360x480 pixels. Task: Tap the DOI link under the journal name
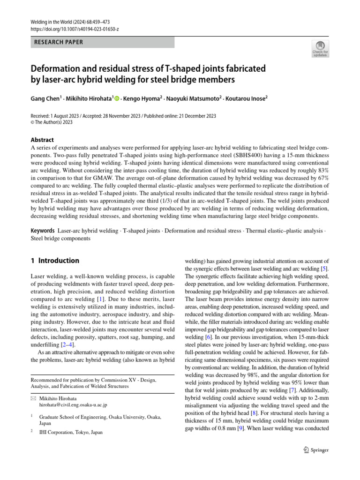tap(75, 29)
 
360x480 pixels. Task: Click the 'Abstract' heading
tap(42, 140)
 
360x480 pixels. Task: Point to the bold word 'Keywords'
tap(43, 232)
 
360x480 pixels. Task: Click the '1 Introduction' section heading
tap(55, 261)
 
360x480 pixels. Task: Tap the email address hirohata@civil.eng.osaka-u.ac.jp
tap(69, 404)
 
